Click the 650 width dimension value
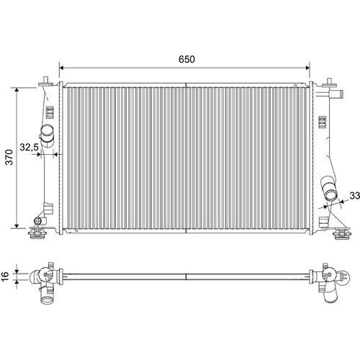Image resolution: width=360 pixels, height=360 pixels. click(186, 59)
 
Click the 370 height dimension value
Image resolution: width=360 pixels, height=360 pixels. click(9, 157)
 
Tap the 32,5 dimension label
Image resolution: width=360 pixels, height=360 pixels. click(29, 147)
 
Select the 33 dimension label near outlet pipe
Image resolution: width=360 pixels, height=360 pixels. click(355, 196)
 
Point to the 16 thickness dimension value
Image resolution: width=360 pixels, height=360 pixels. click(5, 276)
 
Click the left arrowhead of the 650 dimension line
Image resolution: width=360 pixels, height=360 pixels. click(61, 68)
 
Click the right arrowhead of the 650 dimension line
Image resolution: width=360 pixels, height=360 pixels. click(307, 68)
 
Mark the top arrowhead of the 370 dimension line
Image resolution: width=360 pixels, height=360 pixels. click(17, 90)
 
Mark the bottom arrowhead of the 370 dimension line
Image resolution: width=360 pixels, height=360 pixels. click(17, 226)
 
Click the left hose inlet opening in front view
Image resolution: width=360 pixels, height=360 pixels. click(47, 131)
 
